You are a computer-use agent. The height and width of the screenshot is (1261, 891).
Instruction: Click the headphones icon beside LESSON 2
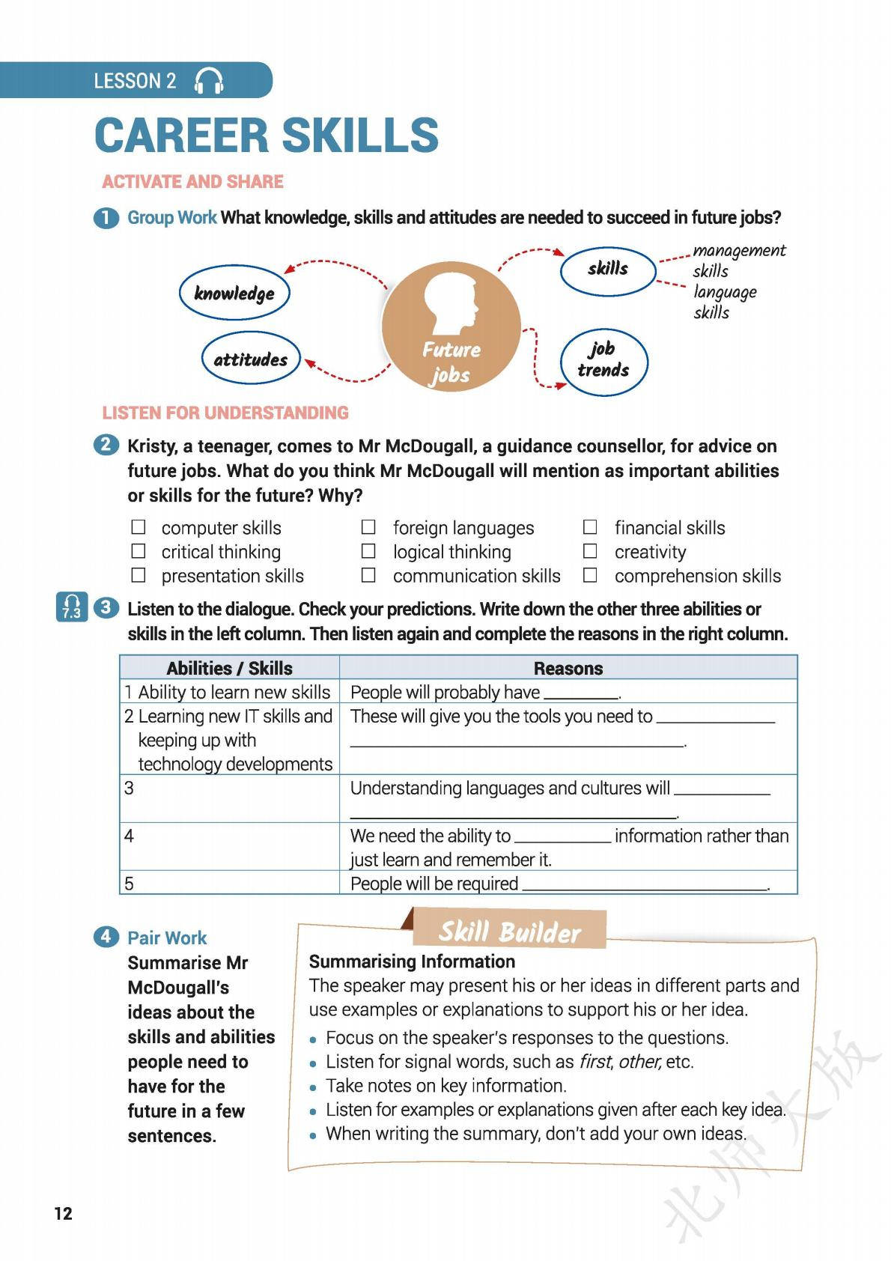[209, 81]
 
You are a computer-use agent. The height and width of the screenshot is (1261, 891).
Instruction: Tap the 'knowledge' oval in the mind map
[234, 293]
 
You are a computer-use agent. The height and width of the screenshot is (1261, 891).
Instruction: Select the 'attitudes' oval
[251, 359]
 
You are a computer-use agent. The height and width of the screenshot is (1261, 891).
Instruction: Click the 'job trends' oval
[603, 361]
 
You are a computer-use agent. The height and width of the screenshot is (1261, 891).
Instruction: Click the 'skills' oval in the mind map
[608, 269]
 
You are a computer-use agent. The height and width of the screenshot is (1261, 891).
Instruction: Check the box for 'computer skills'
[139, 527]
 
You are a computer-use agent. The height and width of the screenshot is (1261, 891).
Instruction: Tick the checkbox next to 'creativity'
[591, 551]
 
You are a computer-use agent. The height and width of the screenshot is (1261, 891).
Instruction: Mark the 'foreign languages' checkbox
[368, 527]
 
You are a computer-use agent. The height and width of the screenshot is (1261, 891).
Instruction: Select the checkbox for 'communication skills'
[368, 575]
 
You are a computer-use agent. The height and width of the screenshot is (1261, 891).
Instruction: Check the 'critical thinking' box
[139, 551]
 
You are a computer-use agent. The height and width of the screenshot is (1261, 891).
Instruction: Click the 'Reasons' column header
[568, 668]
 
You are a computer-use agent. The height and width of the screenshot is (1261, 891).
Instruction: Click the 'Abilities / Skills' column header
[229, 668]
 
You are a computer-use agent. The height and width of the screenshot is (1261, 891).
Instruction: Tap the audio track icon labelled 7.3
[72, 607]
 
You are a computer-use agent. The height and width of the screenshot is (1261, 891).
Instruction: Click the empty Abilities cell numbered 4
[230, 846]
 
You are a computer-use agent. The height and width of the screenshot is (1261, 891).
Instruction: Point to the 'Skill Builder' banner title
[509, 932]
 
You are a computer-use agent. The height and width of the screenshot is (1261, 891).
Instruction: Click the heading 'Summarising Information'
[412, 961]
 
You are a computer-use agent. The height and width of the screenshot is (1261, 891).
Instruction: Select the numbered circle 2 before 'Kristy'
[106, 445]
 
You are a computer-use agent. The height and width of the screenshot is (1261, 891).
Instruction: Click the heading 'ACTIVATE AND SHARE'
[192, 181]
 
